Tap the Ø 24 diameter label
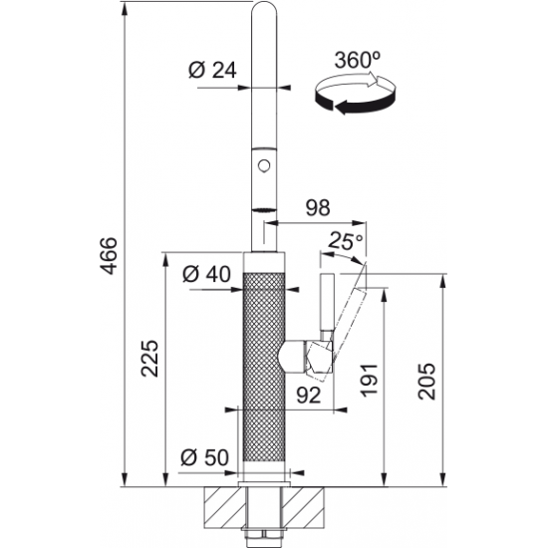click(212, 70)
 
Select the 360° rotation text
click(357, 60)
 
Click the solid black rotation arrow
click(356, 101)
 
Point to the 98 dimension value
click(318, 207)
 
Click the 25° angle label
click(346, 240)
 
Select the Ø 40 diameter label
click(206, 274)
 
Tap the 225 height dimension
click(149, 359)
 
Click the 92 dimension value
click(309, 396)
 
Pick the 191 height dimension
click(370, 381)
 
